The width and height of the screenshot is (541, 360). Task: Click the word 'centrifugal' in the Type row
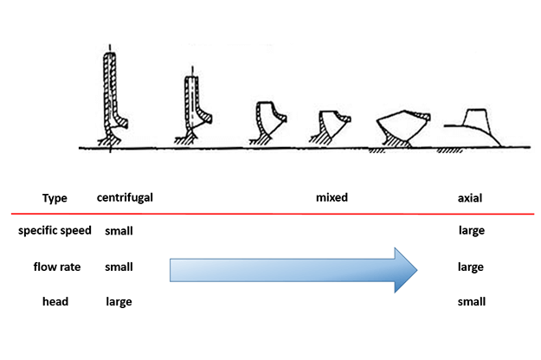point(125,197)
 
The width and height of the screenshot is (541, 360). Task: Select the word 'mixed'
point(332,197)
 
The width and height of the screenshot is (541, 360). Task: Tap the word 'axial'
point(470,197)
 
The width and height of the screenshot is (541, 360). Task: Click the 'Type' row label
point(55,197)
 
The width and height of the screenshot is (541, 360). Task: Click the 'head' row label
point(55,301)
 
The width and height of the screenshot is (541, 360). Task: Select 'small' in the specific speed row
point(119,231)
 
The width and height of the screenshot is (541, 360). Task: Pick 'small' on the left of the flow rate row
point(119,267)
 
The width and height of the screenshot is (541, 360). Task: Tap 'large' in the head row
point(119,301)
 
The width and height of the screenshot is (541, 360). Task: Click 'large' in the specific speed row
point(471,231)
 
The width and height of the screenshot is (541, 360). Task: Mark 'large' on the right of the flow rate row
point(471,267)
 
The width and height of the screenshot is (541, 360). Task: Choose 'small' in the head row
point(471,301)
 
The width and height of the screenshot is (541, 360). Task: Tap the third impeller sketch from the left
point(265,120)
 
